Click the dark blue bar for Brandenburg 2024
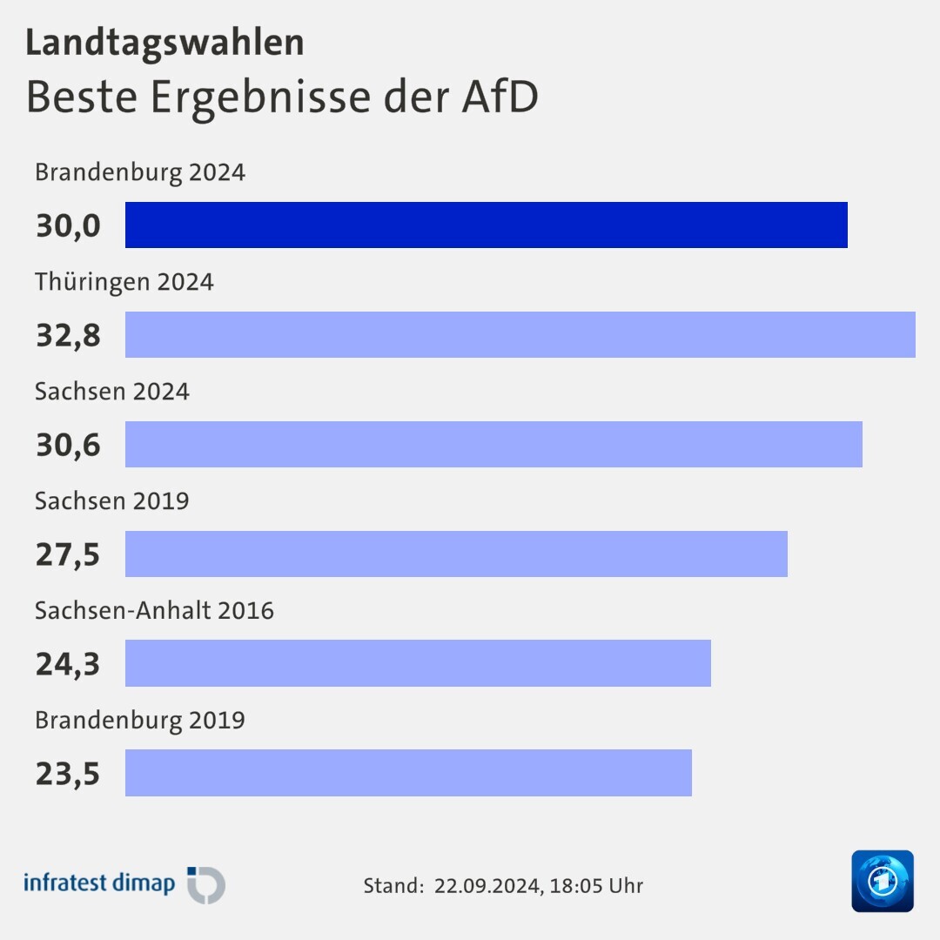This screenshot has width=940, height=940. point(486,225)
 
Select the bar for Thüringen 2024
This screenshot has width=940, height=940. point(520,335)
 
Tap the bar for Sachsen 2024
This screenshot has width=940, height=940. point(493,445)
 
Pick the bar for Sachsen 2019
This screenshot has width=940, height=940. point(456,554)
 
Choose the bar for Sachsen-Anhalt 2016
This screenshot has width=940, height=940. point(418,663)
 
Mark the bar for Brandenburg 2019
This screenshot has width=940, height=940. point(408,773)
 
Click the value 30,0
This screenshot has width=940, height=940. point(68,226)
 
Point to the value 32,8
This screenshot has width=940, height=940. point(68,336)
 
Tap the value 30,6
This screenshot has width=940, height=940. point(68,446)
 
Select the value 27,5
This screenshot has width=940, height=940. point(68,555)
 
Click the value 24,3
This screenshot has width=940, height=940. point(68,665)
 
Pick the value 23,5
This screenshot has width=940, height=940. point(68,774)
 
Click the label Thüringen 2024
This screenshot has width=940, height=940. point(124,282)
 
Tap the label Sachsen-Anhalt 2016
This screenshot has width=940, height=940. point(154,611)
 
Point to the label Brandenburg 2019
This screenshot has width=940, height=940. point(139,721)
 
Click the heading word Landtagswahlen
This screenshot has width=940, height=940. point(164,44)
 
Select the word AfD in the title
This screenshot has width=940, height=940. point(499,97)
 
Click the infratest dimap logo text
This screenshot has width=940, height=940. point(99,883)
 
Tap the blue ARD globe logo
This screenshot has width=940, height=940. point(882,881)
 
